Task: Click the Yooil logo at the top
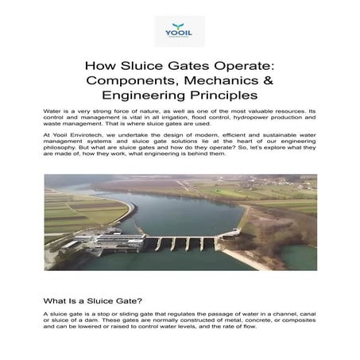tap(180, 30)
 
